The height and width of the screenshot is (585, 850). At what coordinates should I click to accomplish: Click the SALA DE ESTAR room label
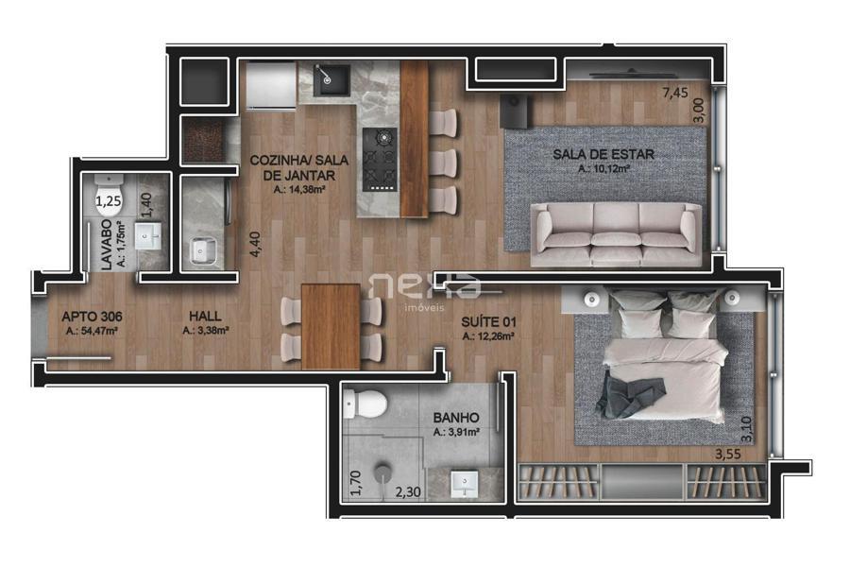click(603, 154)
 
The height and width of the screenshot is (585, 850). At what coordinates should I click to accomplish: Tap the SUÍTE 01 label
click(488, 322)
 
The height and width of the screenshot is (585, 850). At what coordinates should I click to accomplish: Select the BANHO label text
click(456, 418)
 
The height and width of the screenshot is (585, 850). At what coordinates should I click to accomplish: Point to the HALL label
click(205, 316)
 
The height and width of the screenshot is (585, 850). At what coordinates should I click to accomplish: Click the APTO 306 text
click(92, 317)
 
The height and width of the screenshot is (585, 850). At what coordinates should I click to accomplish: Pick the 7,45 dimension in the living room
click(675, 93)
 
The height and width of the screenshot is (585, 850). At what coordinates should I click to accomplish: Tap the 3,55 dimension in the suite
click(727, 455)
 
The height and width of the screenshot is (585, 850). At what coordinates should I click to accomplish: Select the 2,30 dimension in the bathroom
click(408, 492)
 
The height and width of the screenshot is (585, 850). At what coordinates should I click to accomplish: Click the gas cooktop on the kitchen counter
click(380, 160)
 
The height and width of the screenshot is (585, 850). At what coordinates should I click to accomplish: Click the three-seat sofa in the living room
click(616, 233)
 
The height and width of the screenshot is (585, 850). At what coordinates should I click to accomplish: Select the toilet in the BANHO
click(365, 404)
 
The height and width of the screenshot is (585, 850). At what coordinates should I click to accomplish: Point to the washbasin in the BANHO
click(465, 484)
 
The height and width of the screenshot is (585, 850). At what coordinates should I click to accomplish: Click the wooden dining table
click(331, 326)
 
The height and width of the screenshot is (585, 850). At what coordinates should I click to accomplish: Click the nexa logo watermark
click(424, 291)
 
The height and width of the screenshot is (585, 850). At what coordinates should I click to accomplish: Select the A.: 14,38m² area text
click(299, 189)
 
